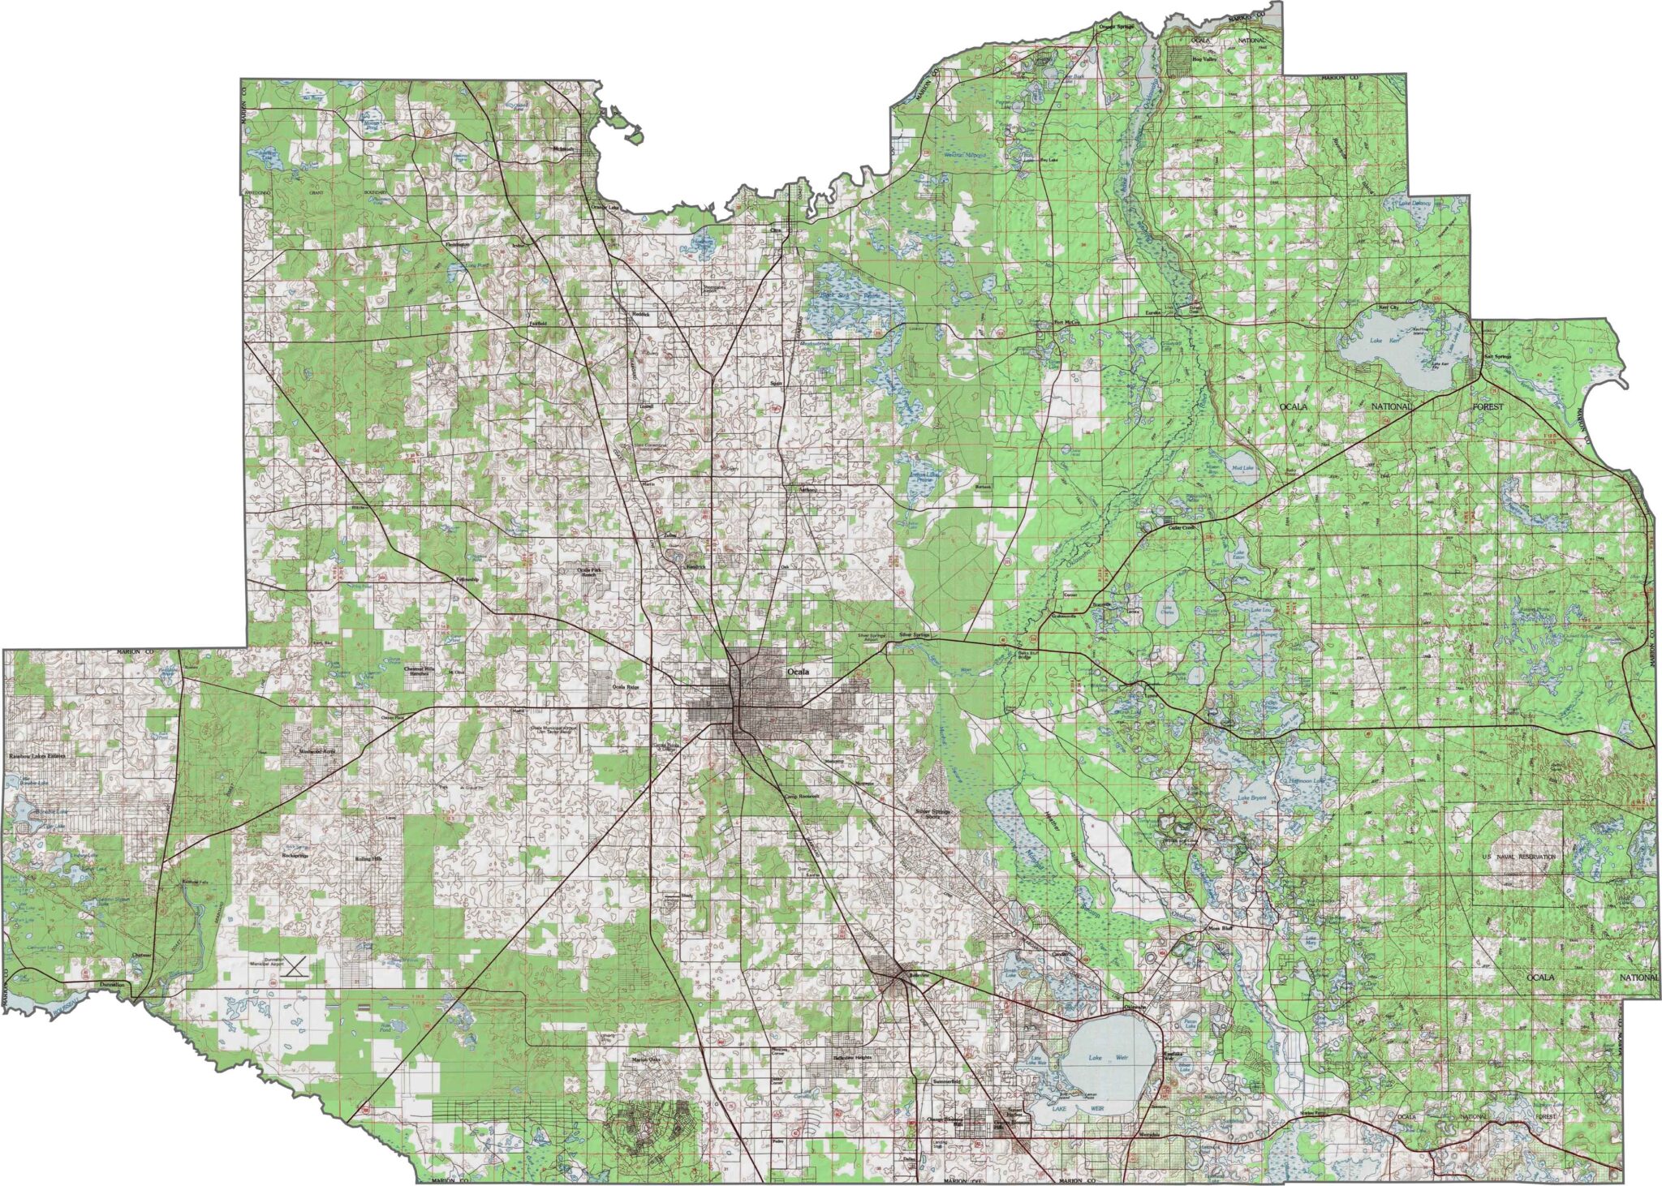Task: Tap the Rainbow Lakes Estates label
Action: [37, 756]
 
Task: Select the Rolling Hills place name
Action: [368, 859]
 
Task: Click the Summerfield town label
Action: [947, 1082]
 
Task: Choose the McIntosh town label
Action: [562, 149]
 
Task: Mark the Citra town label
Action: [775, 230]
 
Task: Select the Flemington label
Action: [458, 244]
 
